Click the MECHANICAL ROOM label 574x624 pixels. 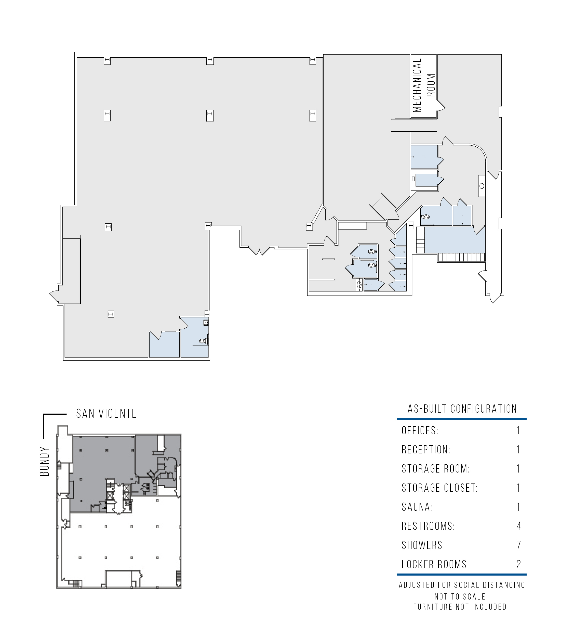(x=424, y=85)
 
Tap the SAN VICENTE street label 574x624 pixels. (x=106, y=414)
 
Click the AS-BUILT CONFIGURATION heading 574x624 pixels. (x=462, y=409)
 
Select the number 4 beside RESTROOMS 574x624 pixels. (x=519, y=526)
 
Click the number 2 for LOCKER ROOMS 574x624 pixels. (x=519, y=564)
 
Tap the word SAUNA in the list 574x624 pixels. (x=417, y=507)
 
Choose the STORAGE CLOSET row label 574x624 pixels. (x=439, y=488)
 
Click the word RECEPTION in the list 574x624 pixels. (x=426, y=450)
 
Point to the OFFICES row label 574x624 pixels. (x=420, y=431)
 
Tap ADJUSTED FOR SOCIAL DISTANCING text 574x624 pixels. (x=462, y=585)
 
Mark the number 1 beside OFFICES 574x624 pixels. (x=519, y=431)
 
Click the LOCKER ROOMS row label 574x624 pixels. (x=435, y=564)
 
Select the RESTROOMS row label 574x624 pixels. (x=428, y=526)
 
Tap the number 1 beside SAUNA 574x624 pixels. (x=519, y=507)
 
